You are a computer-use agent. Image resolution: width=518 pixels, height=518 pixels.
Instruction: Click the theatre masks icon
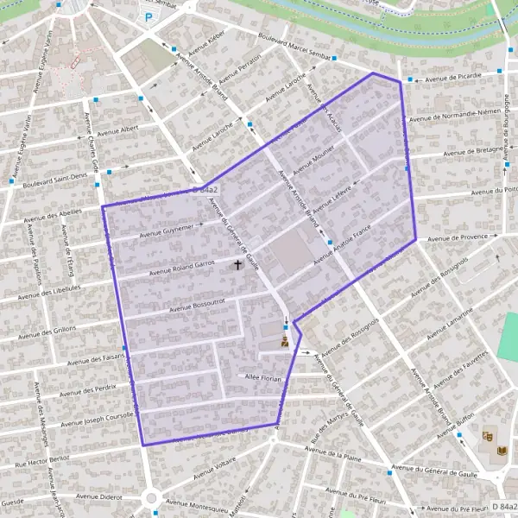(x=489, y=438)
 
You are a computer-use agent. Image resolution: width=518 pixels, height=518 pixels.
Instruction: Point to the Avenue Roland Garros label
(x=181, y=268)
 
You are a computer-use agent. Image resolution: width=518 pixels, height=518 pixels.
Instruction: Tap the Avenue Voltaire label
(x=215, y=469)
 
